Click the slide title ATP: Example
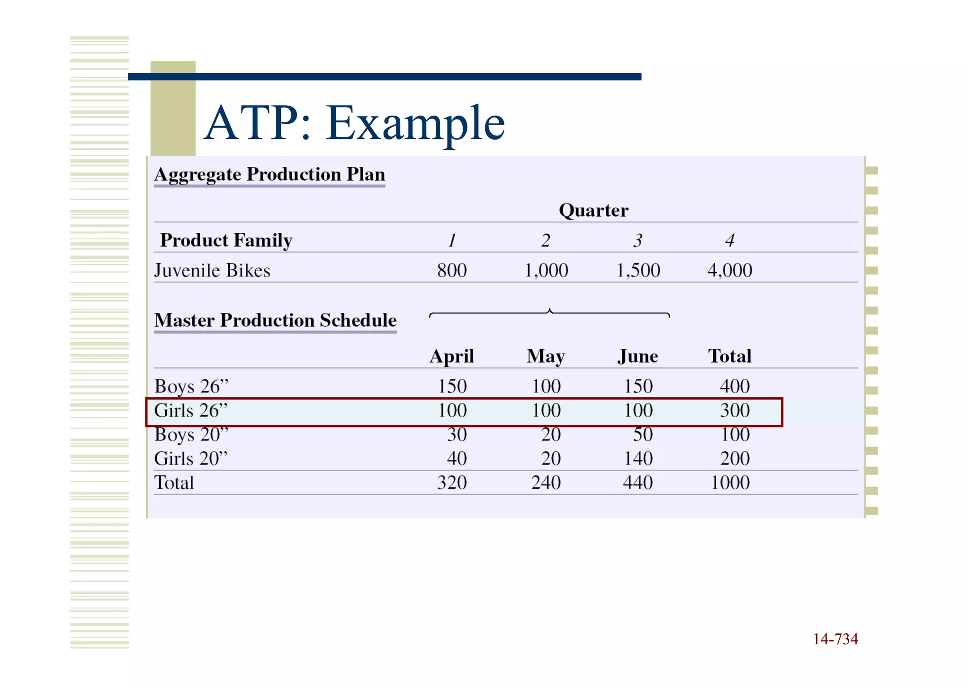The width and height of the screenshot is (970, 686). pyautogui.click(x=354, y=123)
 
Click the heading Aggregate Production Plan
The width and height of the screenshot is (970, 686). pyautogui.click(x=269, y=174)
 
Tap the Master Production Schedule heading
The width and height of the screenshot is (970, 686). pyautogui.click(x=275, y=320)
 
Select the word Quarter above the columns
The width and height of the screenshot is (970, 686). pyautogui.click(x=593, y=210)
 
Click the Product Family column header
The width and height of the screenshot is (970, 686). pyautogui.click(x=226, y=240)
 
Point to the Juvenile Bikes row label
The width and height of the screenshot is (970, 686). pyautogui.click(x=212, y=271)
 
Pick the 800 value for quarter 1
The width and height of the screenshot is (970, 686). pyautogui.click(x=451, y=271)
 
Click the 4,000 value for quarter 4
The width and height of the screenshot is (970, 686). pyautogui.click(x=729, y=271)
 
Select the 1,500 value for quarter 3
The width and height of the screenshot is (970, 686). pyautogui.click(x=638, y=271)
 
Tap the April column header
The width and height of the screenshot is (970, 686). pyautogui.click(x=451, y=357)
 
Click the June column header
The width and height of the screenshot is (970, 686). pyautogui.click(x=638, y=357)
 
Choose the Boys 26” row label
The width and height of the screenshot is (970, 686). pyautogui.click(x=191, y=386)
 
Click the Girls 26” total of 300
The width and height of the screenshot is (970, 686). pyautogui.click(x=735, y=411)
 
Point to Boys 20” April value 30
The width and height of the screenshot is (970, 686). pyautogui.click(x=457, y=435)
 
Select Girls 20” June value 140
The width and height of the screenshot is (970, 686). pyautogui.click(x=638, y=458)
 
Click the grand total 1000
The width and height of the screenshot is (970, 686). pyautogui.click(x=730, y=483)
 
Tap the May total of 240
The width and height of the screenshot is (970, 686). pyautogui.click(x=546, y=483)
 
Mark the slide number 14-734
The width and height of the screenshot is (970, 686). pyautogui.click(x=835, y=639)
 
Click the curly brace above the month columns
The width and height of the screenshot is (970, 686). pyautogui.click(x=549, y=313)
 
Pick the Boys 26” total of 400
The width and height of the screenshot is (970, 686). pyautogui.click(x=735, y=386)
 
